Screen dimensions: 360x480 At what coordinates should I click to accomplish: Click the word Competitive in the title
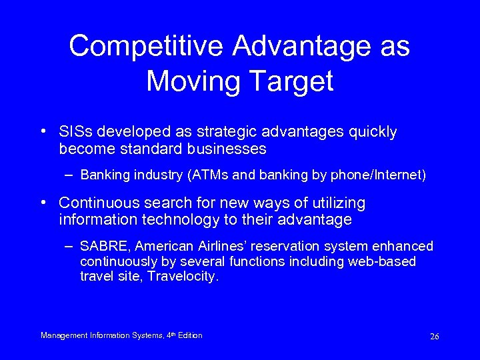[x=148, y=47]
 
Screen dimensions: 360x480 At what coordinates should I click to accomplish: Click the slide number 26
[x=434, y=337]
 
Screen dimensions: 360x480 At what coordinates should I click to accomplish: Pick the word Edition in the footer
[x=189, y=335]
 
